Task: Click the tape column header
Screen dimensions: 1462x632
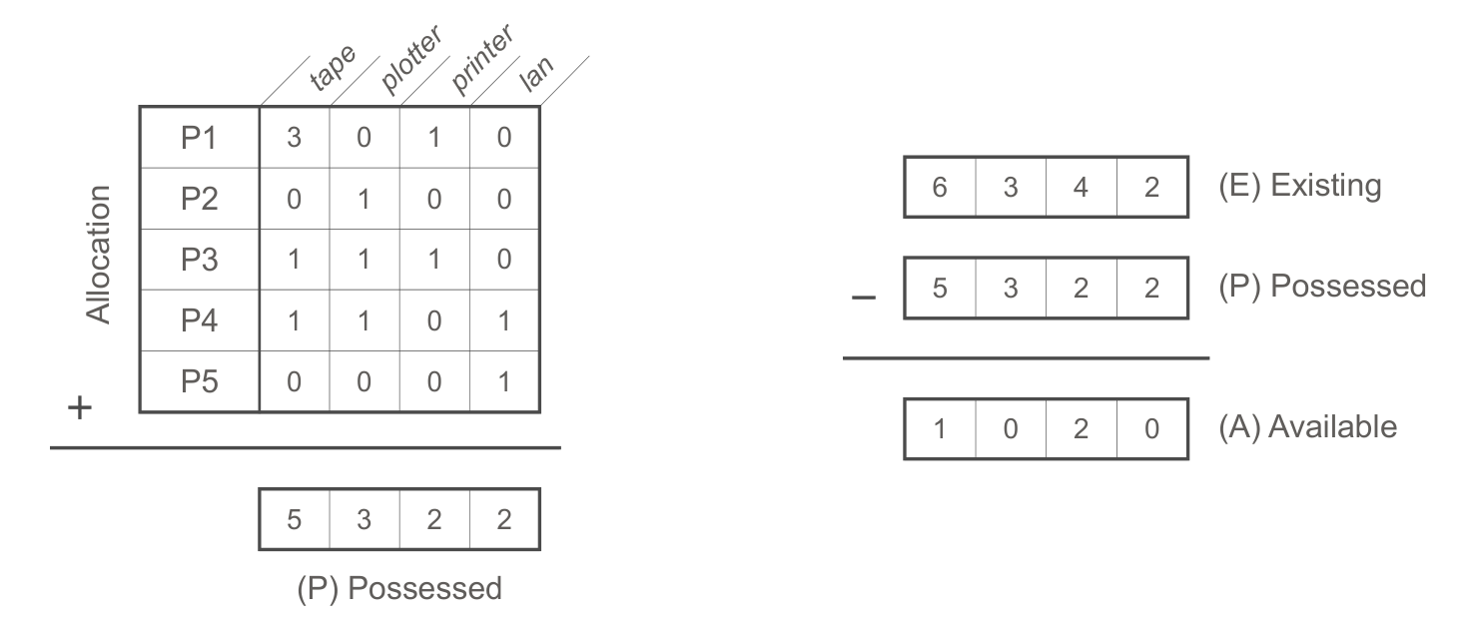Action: pos(333,67)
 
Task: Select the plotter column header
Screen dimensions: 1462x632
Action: pos(411,59)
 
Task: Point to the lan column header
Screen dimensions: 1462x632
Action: pos(536,72)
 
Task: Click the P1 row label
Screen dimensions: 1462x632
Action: pos(199,138)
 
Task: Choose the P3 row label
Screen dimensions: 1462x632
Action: pos(199,260)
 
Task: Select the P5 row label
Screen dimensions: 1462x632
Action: pos(199,381)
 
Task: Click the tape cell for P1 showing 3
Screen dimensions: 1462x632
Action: pos(295,138)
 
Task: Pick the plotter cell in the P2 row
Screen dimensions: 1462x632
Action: pos(365,199)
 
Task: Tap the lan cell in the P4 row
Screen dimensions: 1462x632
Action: pos(504,320)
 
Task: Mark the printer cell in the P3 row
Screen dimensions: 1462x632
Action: pos(434,260)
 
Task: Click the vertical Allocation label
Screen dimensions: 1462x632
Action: pos(99,255)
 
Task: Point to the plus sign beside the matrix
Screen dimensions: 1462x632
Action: pos(80,408)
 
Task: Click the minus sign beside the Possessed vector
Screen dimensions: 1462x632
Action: pos(864,299)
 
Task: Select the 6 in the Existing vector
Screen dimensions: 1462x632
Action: pos(940,187)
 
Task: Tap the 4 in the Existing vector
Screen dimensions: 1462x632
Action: pos(1081,187)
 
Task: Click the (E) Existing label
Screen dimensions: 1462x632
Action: pos(1300,186)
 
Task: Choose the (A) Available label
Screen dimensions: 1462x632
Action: pos(1308,428)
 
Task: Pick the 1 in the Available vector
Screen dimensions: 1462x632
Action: pos(940,429)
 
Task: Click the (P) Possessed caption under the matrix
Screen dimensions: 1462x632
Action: pos(399,589)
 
